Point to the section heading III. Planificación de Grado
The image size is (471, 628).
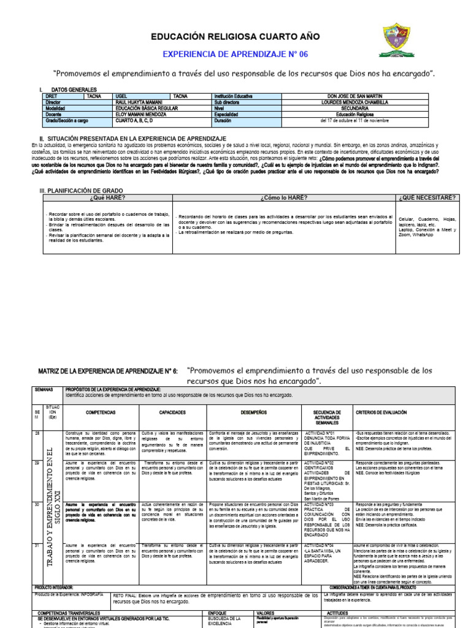click(82, 191)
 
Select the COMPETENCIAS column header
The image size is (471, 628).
click(100, 413)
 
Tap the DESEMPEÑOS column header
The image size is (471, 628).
click(249, 413)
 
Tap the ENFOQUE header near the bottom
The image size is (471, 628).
click(218, 613)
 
